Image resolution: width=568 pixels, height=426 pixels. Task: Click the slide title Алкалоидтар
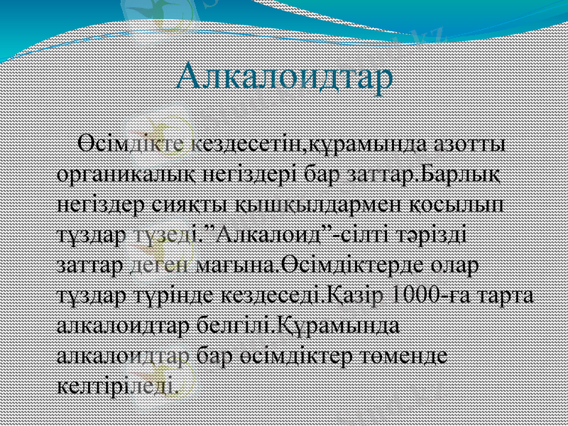coord(284,76)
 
